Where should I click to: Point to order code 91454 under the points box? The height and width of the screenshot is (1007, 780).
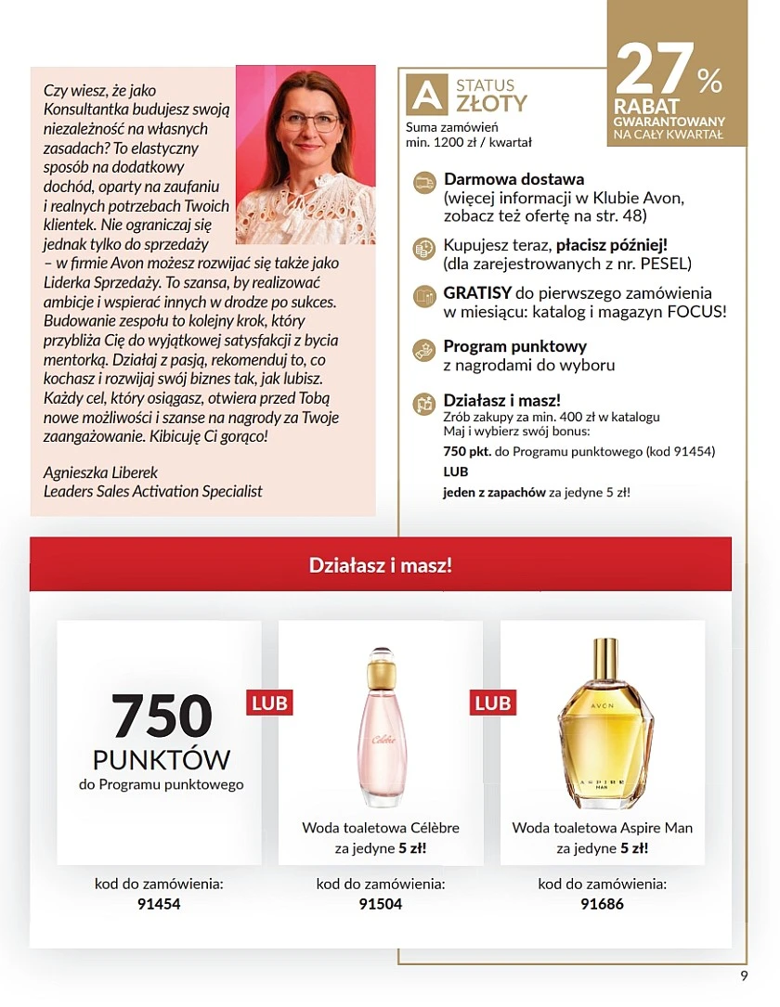pos(159,903)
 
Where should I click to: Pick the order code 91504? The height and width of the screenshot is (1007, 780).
pos(381,903)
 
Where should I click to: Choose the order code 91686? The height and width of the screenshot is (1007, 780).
pos(603,903)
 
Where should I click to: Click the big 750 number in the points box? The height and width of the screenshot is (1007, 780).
pos(162,716)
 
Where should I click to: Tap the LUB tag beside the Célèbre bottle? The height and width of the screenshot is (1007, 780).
pos(269,703)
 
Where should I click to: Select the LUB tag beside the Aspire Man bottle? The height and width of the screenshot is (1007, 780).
pos(492,703)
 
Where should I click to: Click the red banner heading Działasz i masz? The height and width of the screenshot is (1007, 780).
pos(381,564)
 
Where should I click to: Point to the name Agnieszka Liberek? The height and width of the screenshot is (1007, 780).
pos(103,471)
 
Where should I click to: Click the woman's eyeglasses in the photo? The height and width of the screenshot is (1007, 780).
pos(309,121)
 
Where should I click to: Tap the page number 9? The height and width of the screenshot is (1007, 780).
pos(744,975)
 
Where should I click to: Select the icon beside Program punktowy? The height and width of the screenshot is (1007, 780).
pos(423,349)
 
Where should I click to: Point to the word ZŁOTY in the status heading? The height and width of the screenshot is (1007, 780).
pos(491,102)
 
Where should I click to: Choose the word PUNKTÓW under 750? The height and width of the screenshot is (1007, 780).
pos(162,760)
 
